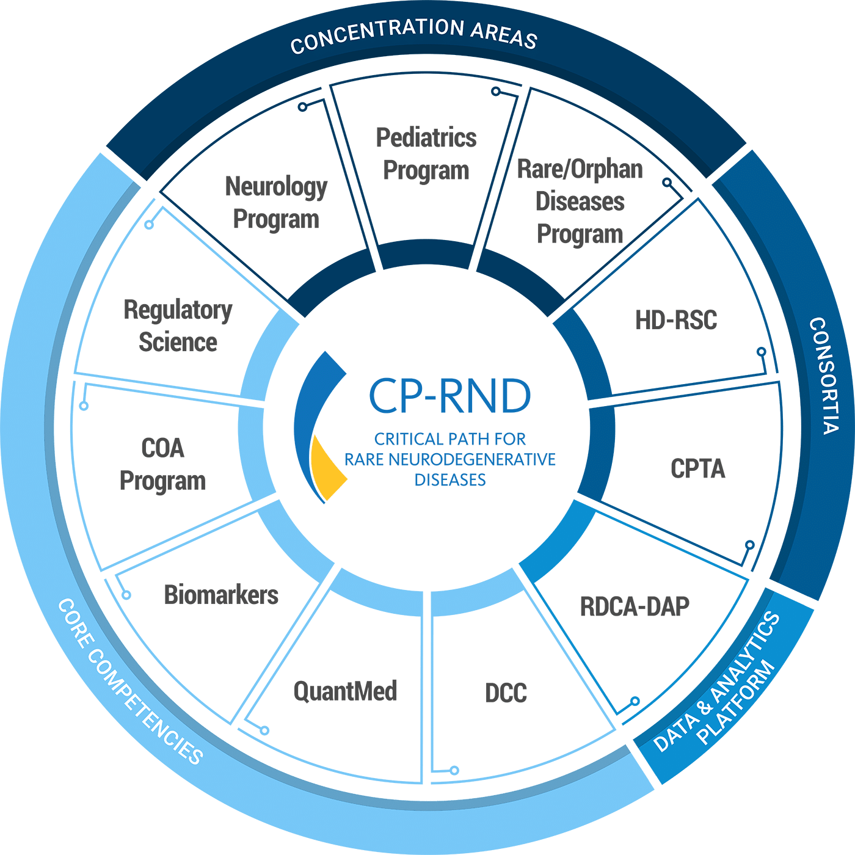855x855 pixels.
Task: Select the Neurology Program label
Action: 276,203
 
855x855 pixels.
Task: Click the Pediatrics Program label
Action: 426,154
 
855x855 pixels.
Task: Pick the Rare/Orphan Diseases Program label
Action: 580,202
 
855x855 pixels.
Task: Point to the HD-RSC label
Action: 676,320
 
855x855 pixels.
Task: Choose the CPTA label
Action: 697,469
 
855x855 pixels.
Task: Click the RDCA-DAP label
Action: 635,606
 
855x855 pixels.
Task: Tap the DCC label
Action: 506,693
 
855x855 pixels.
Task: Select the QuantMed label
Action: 346,691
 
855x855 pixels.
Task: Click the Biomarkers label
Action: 221,595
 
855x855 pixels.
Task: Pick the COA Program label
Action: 162,465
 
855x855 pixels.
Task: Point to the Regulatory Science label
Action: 178,326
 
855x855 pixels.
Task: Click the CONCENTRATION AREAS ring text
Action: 413,35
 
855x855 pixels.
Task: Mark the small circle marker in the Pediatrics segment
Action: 496,92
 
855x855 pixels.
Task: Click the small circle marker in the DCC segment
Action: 454,770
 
